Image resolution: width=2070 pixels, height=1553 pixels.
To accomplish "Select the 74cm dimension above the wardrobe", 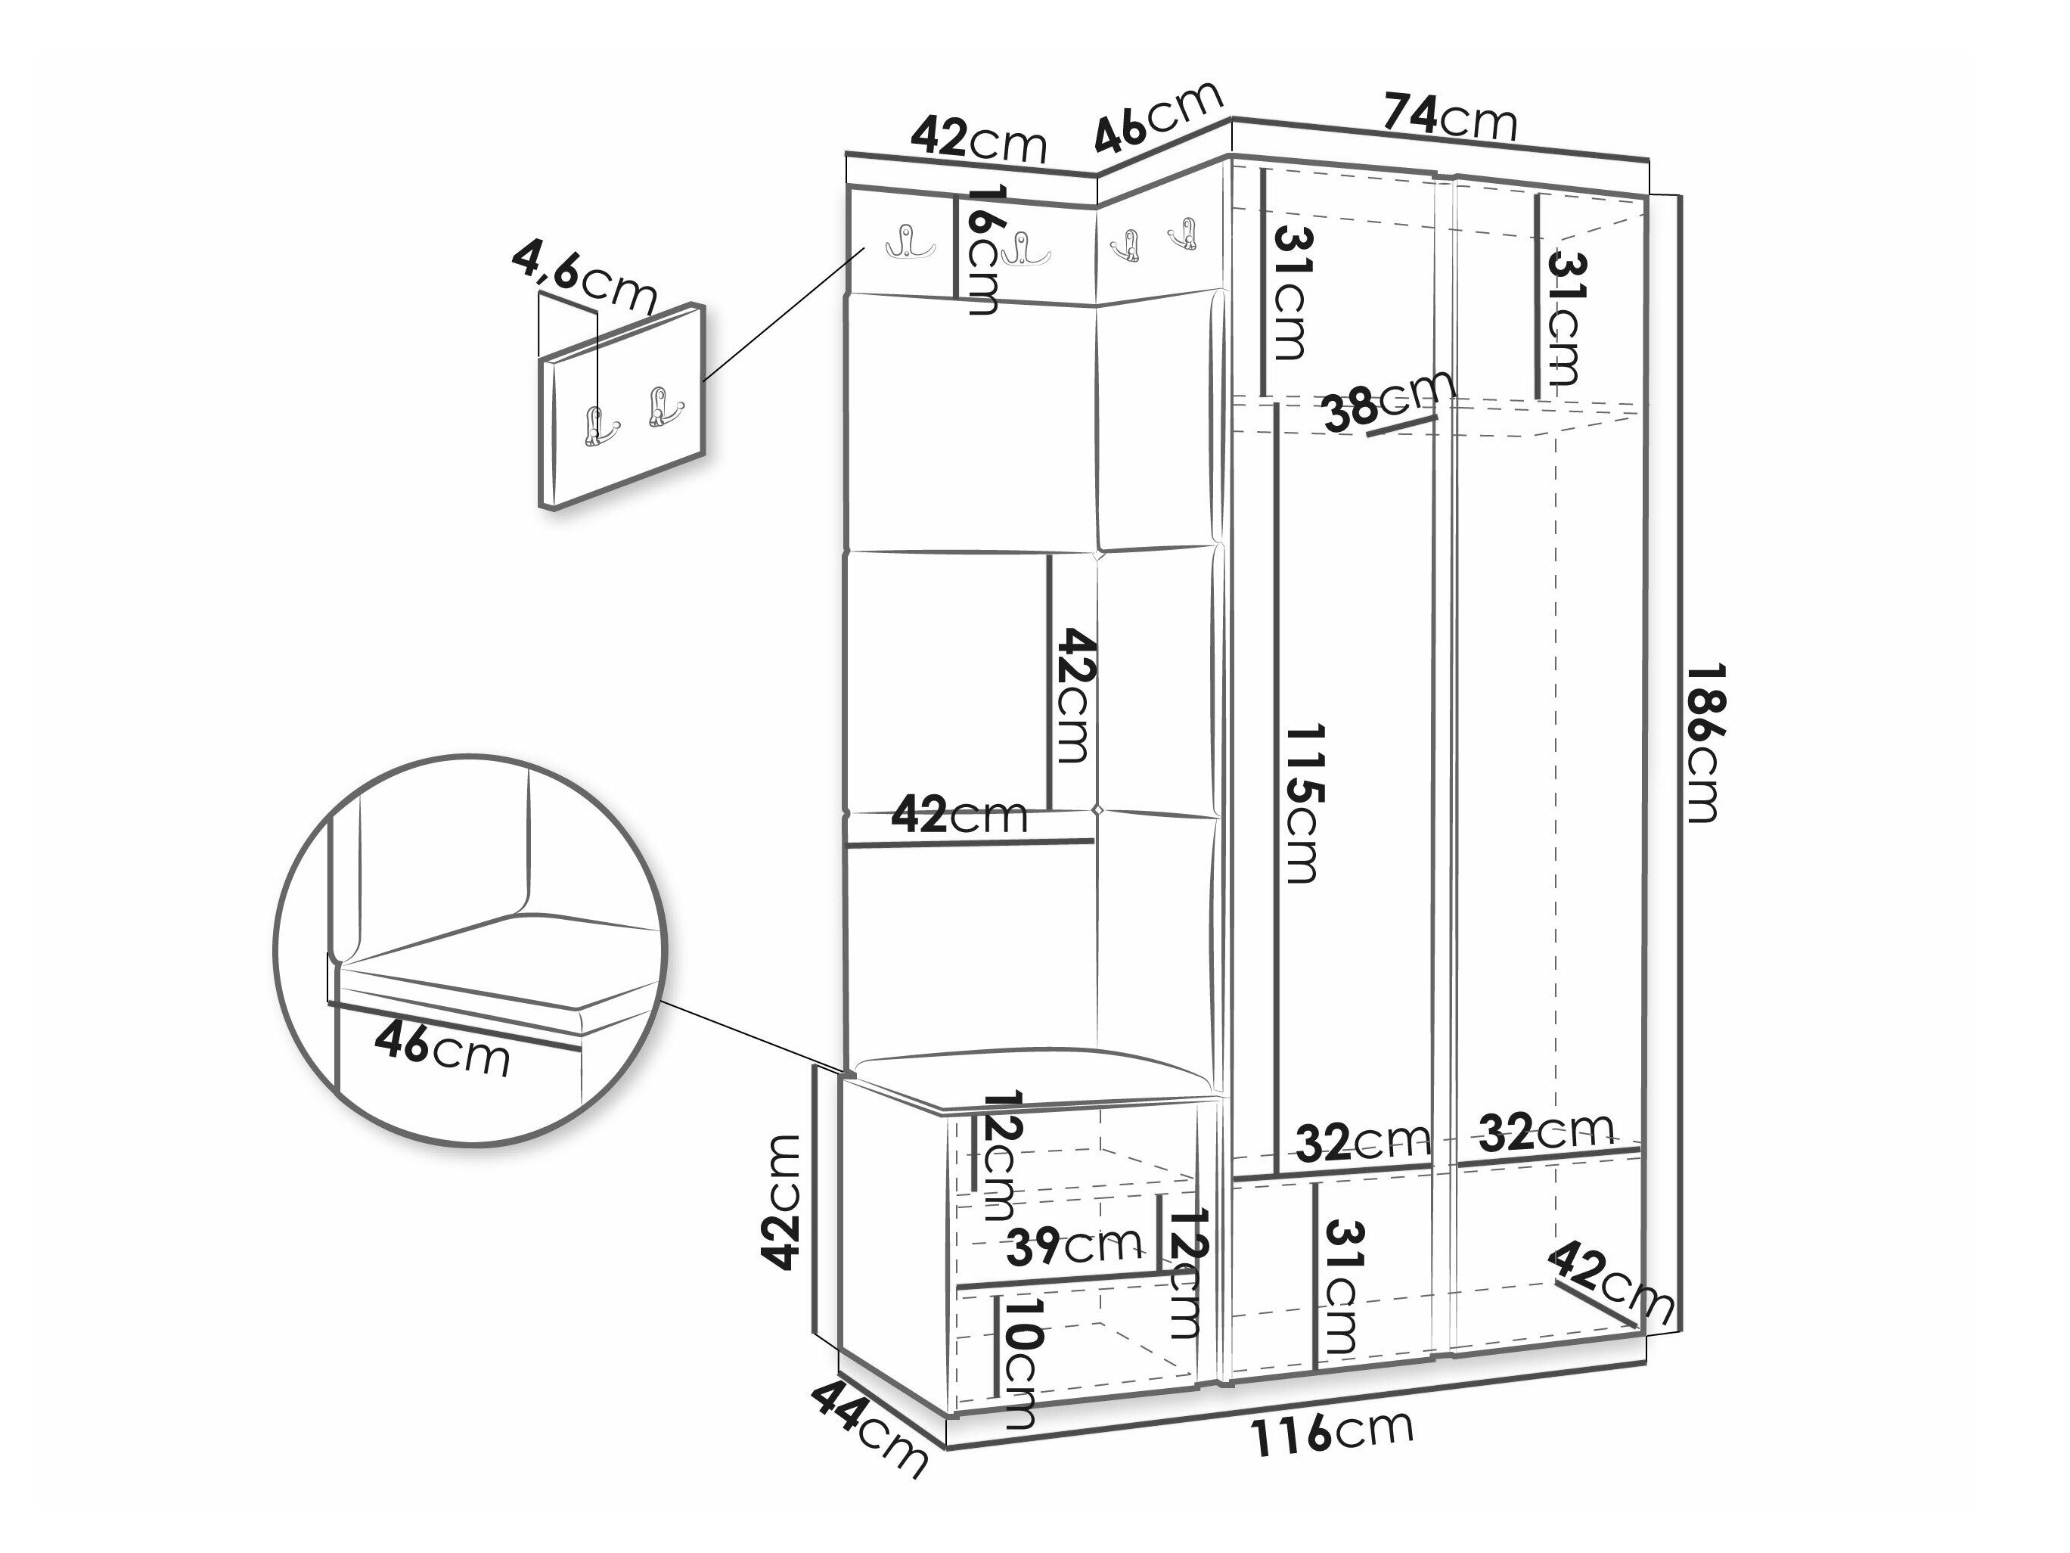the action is coord(1450,116).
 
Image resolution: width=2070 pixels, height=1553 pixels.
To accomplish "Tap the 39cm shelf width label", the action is coord(1074,1246).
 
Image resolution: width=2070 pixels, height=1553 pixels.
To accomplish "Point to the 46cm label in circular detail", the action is coord(442,1048).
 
